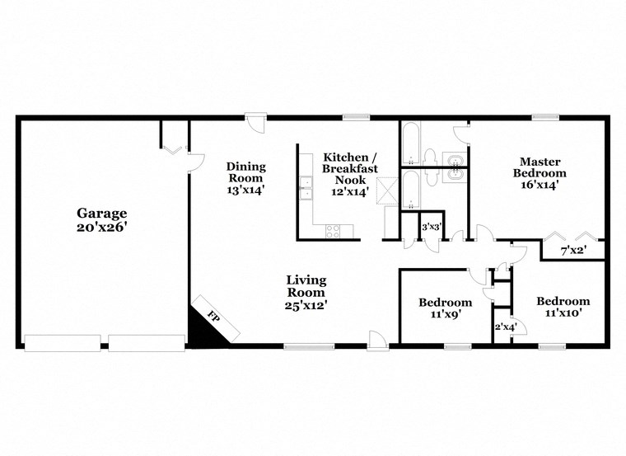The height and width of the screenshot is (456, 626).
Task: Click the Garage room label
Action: coord(103,212)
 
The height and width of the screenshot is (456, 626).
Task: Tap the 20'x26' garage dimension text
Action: coord(103,225)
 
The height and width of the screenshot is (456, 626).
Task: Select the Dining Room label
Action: coord(245,172)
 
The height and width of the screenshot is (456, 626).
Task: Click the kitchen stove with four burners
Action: coord(333,231)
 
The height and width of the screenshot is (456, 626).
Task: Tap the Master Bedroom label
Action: coord(540,167)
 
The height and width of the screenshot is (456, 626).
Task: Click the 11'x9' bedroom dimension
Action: coord(445,314)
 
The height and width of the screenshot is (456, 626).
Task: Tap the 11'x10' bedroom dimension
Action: coord(563,314)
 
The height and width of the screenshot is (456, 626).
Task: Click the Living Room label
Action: coord(305,285)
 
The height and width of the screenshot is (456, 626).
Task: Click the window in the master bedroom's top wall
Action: coord(540,117)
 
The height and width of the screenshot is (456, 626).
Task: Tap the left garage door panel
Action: coord(63,343)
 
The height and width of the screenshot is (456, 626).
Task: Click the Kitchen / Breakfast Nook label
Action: coord(350,168)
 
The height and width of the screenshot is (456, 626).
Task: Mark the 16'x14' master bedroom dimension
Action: coord(540,186)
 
